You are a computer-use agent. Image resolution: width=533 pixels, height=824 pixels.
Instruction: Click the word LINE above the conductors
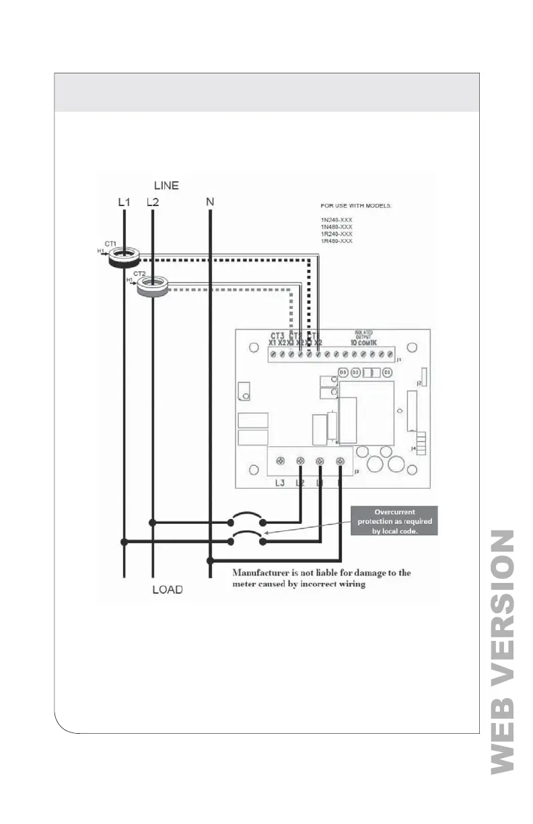(x=166, y=185)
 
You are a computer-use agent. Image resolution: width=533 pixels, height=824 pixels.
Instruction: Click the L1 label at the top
(x=124, y=202)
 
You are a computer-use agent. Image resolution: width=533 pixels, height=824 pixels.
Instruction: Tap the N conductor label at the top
(x=211, y=202)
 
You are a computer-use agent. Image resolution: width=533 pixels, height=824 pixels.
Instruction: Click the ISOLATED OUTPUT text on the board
(x=363, y=335)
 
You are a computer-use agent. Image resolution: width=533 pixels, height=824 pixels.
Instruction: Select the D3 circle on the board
(x=343, y=372)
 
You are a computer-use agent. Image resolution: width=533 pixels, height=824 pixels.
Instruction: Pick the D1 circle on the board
(x=387, y=372)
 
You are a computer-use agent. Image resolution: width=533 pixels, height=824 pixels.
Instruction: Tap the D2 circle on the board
(x=355, y=372)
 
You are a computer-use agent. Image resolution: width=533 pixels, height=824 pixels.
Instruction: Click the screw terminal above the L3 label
(x=281, y=461)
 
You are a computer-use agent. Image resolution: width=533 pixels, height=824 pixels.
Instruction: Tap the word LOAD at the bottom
(x=166, y=590)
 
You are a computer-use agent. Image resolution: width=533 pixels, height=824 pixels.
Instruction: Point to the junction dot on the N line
(x=211, y=559)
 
